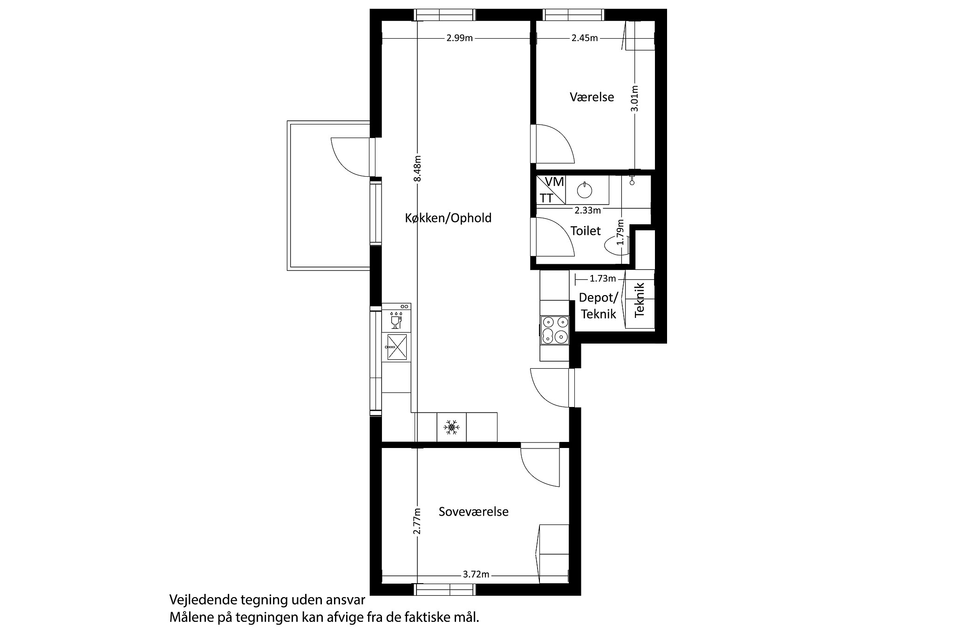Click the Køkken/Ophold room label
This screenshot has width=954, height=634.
coord(448,218)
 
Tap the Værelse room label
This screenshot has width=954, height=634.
coord(592,97)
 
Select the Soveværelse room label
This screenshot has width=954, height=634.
coord(473,511)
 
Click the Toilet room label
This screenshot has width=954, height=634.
coord(586,231)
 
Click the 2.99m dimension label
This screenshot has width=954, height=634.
coord(459,38)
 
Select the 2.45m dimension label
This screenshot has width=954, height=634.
coord(585,38)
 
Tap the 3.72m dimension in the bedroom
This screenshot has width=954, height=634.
coord(476,574)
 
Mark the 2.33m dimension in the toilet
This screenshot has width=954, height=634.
coord(587,210)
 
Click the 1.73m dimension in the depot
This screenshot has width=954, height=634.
coord(602,279)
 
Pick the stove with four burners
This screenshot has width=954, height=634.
coord(554,330)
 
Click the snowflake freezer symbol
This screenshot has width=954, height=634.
coord(451,427)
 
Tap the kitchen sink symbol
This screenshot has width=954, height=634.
coord(396,347)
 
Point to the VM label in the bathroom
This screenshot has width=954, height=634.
coord(554,182)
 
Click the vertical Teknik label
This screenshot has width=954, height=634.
coord(640,300)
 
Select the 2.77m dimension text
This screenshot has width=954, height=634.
coord(417,521)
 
